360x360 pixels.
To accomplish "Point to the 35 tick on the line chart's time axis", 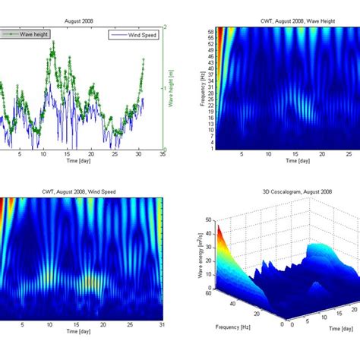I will pyautogui.click(x=163, y=155).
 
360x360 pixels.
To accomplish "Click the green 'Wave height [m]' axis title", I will pyautogui.click(x=173, y=88).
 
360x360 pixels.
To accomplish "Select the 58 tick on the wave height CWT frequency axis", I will pyautogui.click(x=210, y=30).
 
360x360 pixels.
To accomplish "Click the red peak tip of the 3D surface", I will pyautogui.click(x=219, y=226).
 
